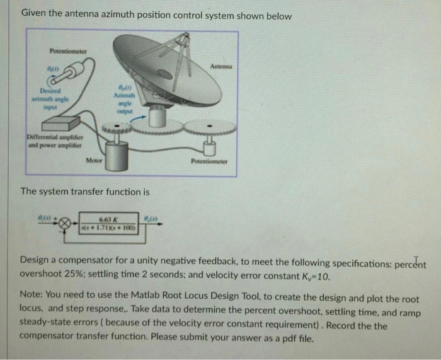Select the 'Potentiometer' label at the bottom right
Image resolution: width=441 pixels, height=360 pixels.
tap(208, 161)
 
